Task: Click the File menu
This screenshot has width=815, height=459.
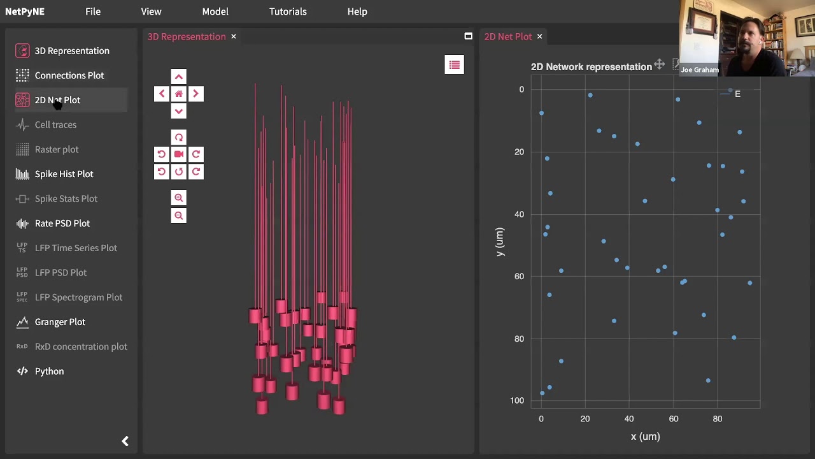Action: coord(93,11)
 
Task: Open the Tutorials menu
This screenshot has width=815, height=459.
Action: coord(288,11)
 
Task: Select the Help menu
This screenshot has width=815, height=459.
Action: coord(357,11)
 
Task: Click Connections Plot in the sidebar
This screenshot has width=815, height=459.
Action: coord(69,75)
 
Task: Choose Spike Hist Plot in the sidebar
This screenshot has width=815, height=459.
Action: coord(64,174)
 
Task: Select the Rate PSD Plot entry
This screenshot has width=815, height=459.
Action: coord(62,223)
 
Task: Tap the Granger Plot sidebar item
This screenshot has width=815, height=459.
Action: coord(60,322)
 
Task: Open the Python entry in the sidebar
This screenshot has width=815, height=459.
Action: coord(49,371)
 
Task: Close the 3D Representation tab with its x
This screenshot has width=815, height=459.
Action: coord(234,36)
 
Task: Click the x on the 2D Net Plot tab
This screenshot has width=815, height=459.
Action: coord(539,36)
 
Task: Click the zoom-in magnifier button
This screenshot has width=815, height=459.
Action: coord(179,198)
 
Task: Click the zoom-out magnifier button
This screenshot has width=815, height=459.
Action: coord(179,215)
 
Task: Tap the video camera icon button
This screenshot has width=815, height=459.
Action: coord(179,154)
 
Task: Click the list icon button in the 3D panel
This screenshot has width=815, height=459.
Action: coord(454,64)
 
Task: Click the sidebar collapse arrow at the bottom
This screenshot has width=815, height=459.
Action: coord(125,441)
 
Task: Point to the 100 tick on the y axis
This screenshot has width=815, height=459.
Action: coord(517,400)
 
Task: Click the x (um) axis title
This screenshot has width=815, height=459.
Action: coord(645,437)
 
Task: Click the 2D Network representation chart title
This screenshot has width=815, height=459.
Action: coord(591,67)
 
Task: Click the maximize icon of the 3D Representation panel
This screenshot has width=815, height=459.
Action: coord(468,36)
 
